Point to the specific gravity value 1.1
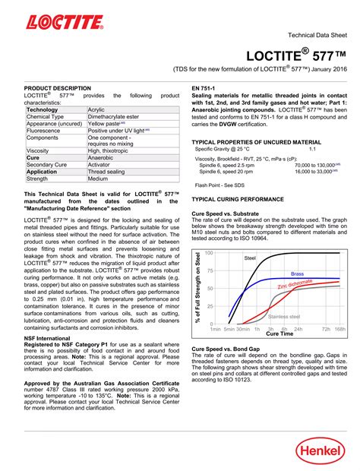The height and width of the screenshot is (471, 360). point(311,149)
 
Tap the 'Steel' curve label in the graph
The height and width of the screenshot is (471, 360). point(249,258)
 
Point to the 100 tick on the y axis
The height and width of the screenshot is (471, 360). point(209,253)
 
